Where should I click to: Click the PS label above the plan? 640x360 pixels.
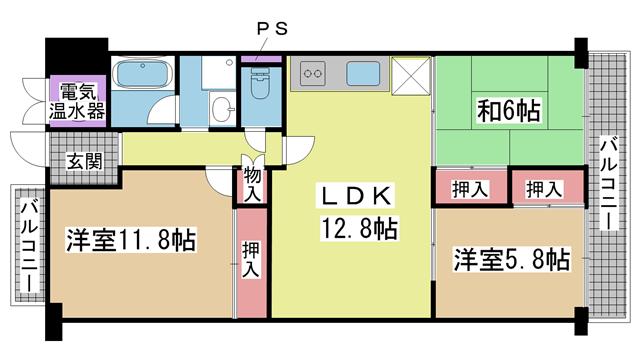click(272, 29)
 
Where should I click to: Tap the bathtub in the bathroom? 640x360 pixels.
click(142, 73)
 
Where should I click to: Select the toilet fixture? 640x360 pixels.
click(261, 83)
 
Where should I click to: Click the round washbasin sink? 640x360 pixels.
click(223, 109)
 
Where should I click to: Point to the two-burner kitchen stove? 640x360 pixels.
click(313, 73)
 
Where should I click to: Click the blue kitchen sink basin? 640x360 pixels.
click(363, 73)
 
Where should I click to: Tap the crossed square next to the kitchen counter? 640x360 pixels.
click(411, 76)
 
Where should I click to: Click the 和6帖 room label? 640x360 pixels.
click(509, 110)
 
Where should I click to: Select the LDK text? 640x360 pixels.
click(357, 196)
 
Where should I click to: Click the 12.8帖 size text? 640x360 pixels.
click(360, 229)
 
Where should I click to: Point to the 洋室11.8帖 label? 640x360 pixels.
click(131, 240)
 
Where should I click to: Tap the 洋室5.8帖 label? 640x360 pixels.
click(512, 259)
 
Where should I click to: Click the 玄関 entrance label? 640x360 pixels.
click(84, 162)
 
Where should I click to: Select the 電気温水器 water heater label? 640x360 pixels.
click(77, 101)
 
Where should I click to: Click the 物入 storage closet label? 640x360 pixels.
click(252, 185)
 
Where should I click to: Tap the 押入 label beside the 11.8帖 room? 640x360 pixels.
click(251, 259)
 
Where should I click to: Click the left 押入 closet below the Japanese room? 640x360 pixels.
click(470, 189)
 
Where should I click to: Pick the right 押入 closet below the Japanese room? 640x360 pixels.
click(544, 189)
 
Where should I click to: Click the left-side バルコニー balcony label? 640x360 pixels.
click(30, 246)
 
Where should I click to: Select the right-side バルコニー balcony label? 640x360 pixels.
click(608, 183)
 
